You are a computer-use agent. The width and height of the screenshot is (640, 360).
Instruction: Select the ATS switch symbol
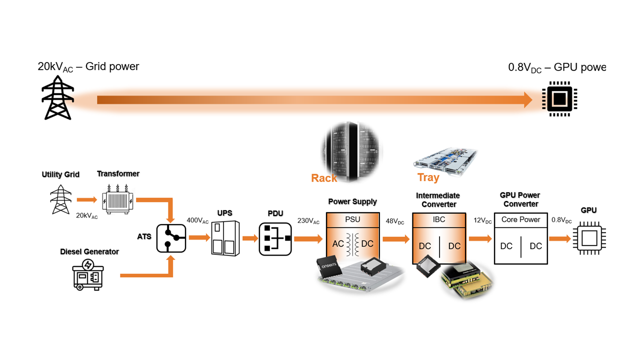pos(171,237)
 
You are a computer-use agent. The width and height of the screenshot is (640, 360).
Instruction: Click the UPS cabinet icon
pos(222,238)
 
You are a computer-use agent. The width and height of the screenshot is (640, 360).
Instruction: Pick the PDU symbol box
pos(274,238)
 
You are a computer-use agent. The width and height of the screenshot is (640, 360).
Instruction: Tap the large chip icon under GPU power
pos(560,99)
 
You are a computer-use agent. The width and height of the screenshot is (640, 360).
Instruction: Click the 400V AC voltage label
pos(197,220)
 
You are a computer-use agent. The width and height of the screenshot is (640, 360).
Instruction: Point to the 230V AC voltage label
pos(308,220)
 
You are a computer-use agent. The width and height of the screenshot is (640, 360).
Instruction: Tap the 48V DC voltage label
pos(395,220)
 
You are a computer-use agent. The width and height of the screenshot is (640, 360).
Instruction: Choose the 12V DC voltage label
pos(482,220)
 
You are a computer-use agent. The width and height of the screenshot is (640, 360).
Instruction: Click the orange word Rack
pos(324,178)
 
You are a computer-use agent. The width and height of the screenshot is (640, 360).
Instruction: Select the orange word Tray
pos(428,177)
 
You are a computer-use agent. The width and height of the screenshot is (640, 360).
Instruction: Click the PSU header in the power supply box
pos(352,219)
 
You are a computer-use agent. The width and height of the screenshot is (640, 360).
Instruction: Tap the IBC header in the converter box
pos(439,219)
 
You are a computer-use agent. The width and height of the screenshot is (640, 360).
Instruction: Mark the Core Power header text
pos(520,219)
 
